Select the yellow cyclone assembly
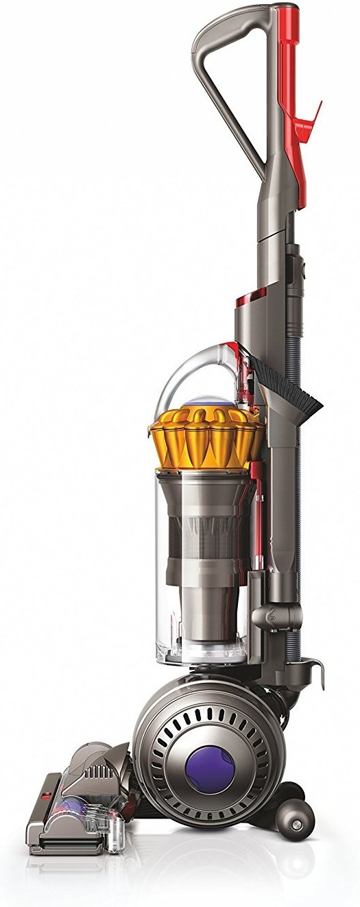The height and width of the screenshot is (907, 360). click(x=206, y=439)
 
